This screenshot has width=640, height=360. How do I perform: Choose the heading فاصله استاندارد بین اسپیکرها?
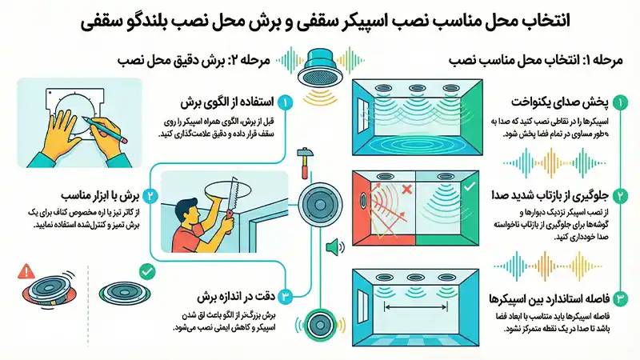(x=544, y=301)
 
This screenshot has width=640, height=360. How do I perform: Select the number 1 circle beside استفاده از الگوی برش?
(x=285, y=102)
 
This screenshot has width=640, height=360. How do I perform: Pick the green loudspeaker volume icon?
(x=333, y=248)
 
